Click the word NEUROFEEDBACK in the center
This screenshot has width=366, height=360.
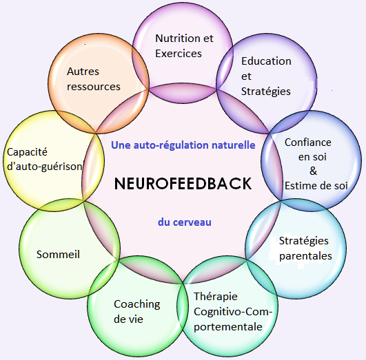point(183,184)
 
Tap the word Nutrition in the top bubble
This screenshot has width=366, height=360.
point(179,39)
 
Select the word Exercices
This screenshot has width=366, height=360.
point(179,54)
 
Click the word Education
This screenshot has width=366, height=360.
point(266,61)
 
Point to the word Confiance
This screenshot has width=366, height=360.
point(308,142)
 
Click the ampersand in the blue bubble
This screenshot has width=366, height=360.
point(313,171)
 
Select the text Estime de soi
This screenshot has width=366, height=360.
point(316,186)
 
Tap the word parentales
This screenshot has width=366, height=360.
point(305,256)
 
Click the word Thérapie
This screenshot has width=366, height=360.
point(216,297)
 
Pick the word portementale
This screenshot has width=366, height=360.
point(228,327)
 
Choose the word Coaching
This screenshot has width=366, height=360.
point(137,304)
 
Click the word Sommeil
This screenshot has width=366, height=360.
point(58,254)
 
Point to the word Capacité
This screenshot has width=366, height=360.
point(27,153)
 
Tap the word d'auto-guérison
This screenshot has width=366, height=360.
point(45,167)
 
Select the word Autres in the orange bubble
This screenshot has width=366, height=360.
point(83,72)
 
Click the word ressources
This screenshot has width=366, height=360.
point(94,87)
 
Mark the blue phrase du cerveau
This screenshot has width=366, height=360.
point(185,222)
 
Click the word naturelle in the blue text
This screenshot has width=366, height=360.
point(234,145)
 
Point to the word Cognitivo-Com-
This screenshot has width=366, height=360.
point(233,312)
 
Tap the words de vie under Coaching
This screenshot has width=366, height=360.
point(128,319)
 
